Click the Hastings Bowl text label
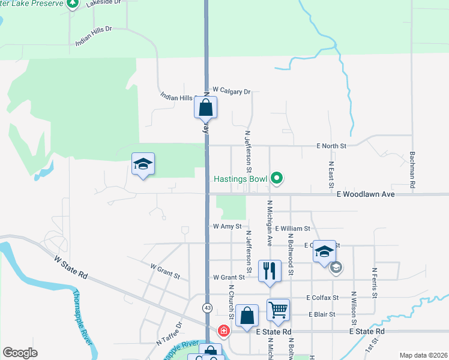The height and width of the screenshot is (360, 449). click(x=241, y=179)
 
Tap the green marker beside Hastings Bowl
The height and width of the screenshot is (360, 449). click(x=277, y=178)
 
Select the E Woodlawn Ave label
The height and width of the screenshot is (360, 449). click(x=365, y=194)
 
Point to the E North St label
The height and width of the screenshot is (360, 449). click(x=331, y=146)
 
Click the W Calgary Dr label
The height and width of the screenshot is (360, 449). click(x=231, y=91)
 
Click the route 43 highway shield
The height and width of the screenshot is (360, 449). click(x=207, y=308)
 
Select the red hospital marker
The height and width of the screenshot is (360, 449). click(x=223, y=331)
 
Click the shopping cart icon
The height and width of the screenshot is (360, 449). click(x=278, y=310)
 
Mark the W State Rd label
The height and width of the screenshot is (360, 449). click(x=71, y=266)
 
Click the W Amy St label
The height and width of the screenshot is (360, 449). click(x=227, y=227)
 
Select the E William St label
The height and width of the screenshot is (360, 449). click(x=293, y=229)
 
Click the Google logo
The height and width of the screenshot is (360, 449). click(x=20, y=353)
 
